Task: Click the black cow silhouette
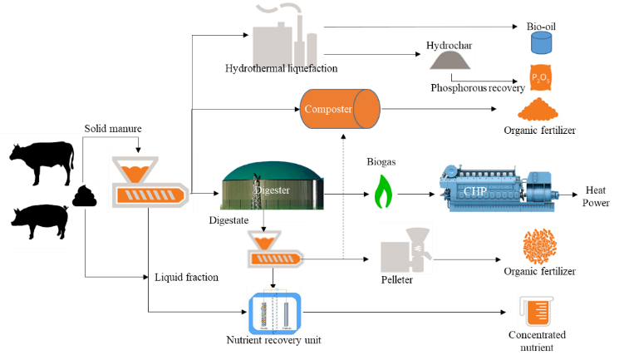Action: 42,162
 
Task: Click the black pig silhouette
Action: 40,222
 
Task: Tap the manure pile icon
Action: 86,196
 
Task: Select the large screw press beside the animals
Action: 150,181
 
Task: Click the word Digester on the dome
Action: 272,190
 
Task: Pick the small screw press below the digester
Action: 273,247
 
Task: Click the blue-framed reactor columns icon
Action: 274,312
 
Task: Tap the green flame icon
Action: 383,191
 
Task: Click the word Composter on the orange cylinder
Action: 328,109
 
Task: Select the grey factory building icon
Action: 283,33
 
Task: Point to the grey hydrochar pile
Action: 450,61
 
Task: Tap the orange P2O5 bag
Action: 540,76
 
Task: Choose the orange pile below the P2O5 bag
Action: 538,108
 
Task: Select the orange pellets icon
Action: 538,246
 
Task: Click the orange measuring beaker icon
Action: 537,309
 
